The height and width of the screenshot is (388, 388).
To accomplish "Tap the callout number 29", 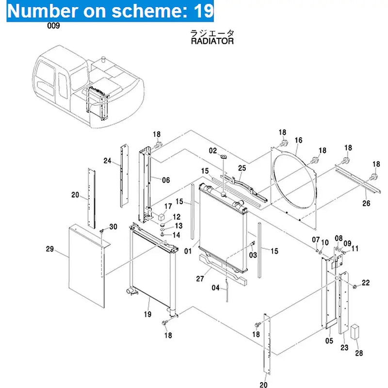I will click(x=49, y=250).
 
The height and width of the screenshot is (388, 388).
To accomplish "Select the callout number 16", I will click(x=298, y=140).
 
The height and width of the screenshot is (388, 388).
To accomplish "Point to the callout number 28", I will click(x=358, y=354).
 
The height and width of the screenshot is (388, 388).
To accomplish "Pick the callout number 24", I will click(x=108, y=161).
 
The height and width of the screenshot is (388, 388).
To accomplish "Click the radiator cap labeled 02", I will click(x=224, y=157).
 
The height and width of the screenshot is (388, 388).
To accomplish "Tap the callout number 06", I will click(x=166, y=180).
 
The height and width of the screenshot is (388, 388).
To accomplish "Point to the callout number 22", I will click(x=366, y=282).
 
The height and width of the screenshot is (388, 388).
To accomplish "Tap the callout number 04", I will click(x=215, y=287).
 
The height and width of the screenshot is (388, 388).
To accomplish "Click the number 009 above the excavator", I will click(x=53, y=26).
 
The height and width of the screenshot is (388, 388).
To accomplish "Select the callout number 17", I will click(x=168, y=206).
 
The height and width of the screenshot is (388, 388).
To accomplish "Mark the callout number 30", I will click(x=113, y=226).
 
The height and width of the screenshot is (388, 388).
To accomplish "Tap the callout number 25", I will click(x=242, y=168).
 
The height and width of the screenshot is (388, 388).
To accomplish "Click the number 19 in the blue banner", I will click(x=204, y=10).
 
